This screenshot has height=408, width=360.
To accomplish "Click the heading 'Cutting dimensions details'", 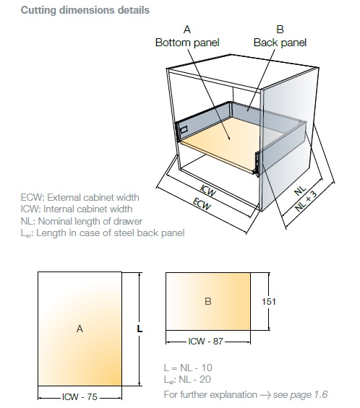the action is tap(85, 10).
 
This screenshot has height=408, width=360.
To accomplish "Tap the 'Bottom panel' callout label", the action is tap(187, 43).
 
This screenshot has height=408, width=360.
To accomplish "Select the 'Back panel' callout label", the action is tap(280, 43).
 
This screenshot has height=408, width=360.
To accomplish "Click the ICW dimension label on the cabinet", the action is tap(208, 191).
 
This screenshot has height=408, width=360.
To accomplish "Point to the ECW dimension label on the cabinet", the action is tap(202, 204).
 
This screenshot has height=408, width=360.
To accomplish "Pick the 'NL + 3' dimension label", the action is tap(307, 201).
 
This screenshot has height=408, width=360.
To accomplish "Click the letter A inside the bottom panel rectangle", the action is tap(80, 329).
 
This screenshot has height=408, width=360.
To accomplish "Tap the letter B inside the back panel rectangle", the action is tap(208, 301).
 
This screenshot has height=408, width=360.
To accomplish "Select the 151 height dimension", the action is tap(269, 302).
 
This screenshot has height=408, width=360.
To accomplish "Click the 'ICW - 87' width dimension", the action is tap(206, 341).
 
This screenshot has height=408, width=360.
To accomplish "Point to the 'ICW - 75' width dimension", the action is tap(80, 397).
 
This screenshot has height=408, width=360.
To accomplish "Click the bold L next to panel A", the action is tap(140, 329).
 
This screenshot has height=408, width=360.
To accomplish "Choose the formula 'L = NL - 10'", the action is tap(188, 368).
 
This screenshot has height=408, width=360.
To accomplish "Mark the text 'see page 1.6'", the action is tap(300, 395).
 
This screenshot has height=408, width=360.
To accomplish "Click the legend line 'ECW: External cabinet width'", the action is tap(80, 197).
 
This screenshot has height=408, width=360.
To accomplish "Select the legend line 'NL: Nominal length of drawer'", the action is tap(82, 222).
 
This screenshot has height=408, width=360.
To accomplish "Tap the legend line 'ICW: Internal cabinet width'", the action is tap(77, 209).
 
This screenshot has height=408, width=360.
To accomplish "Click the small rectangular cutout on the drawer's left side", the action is tap(184, 130).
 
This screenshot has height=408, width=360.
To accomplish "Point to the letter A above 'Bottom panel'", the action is tap(187, 30).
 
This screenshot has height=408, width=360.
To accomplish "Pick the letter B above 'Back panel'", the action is tap(280, 30).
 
